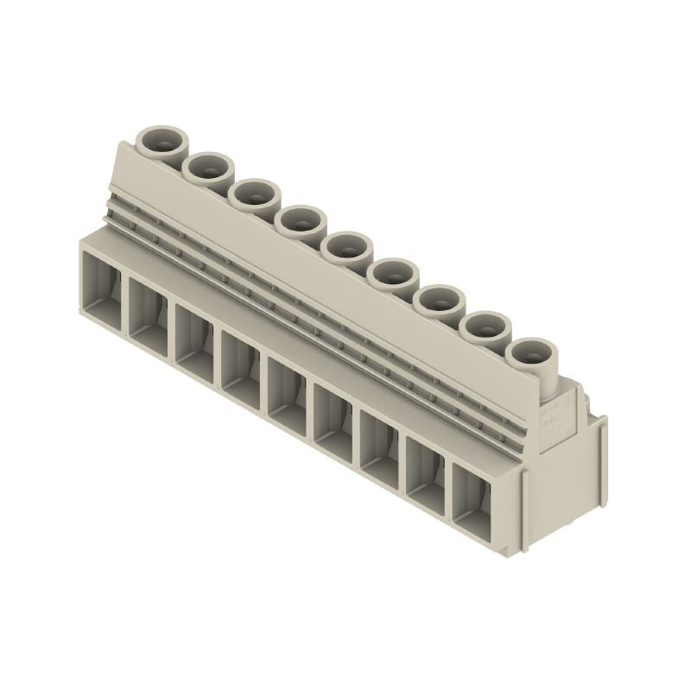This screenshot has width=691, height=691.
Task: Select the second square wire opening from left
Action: coord(148,307)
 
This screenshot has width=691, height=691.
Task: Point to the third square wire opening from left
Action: coord(194,334)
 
